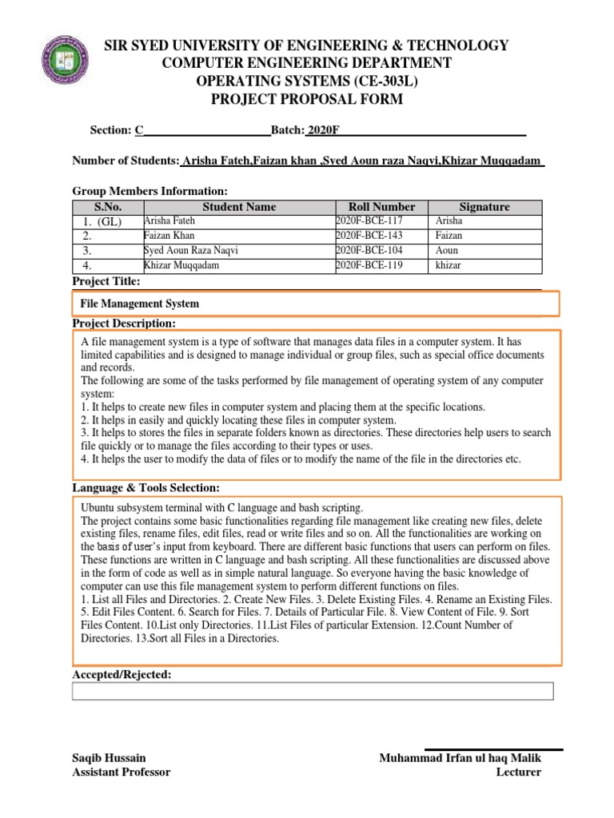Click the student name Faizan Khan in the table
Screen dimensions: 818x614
(169, 236)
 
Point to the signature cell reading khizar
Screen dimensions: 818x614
(449, 265)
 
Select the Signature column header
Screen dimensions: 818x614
(484, 207)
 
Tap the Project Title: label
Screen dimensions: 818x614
(106, 282)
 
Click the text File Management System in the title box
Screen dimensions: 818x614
(140, 304)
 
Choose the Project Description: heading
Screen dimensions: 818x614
(124, 323)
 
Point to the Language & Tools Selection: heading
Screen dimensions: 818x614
(146, 487)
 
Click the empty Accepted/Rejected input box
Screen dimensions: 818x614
(312, 691)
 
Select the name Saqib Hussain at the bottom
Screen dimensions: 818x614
(109, 757)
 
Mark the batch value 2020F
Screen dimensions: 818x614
(317, 130)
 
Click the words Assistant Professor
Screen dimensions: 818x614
(121, 772)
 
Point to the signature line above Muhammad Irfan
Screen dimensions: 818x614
(493, 749)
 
